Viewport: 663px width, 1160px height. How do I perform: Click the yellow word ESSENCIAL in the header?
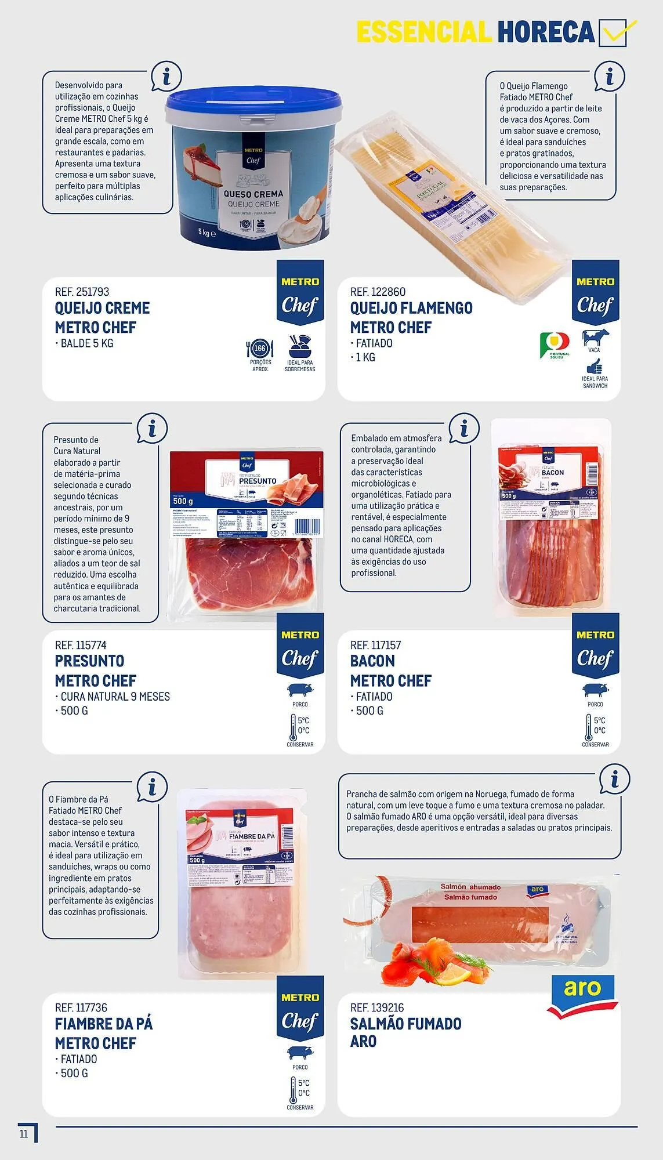(423, 32)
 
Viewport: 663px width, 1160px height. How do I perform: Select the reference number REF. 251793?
(82, 292)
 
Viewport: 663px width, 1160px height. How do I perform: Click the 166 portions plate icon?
(260, 349)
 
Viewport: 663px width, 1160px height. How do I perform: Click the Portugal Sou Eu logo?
(555, 344)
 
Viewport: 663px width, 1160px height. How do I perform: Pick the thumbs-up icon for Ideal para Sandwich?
(595, 367)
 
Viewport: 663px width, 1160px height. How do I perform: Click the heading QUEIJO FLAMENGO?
(411, 308)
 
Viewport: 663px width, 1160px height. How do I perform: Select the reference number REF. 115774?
(81, 645)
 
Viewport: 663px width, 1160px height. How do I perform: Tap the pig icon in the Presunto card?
(300, 690)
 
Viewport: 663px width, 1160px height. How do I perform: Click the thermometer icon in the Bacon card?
(588, 727)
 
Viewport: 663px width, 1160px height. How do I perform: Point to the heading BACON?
(372, 661)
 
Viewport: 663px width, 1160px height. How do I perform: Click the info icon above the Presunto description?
(152, 430)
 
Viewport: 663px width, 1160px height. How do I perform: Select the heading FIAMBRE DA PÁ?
(104, 1024)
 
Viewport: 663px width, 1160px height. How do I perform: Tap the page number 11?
(24, 1133)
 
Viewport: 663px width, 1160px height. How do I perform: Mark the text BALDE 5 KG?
(86, 343)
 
